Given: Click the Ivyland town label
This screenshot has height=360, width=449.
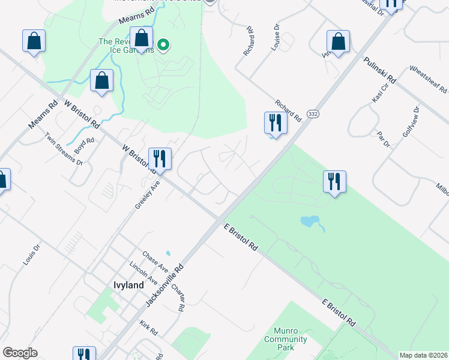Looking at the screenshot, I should click(128, 285).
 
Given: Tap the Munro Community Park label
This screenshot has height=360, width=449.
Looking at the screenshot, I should click(286, 339).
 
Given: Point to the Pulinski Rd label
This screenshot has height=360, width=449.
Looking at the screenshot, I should click(380, 70).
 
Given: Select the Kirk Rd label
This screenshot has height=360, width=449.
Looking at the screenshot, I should click(148, 327).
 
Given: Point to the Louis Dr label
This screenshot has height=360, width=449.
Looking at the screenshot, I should click(31, 254).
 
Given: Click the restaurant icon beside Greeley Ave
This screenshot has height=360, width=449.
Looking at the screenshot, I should click(160, 158).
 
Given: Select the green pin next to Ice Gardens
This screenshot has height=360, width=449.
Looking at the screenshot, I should click(163, 44).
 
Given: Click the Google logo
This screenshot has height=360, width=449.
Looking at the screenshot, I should click(20, 353).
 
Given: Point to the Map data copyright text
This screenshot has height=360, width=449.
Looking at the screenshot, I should click(423, 355).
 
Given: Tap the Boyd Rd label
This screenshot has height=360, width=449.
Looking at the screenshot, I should click(85, 145).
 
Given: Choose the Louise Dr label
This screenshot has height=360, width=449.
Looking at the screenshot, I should click(276, 37).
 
